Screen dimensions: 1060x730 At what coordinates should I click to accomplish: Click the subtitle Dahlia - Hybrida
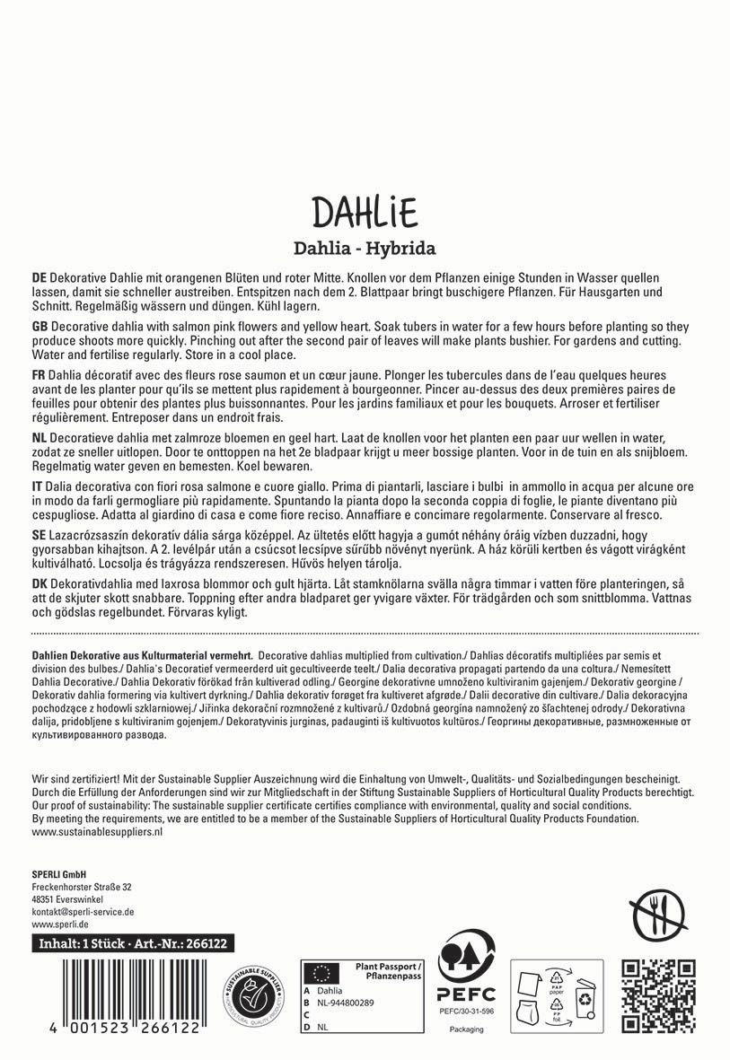(365, 248)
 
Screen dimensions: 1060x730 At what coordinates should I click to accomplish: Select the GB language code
(39, 324)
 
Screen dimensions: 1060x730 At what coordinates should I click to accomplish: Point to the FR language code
(39, 372)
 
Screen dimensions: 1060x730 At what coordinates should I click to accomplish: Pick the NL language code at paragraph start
(39, 435)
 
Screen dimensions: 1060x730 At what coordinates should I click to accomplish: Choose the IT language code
(37, 484)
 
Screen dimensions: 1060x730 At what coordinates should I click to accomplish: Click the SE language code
(39, 532)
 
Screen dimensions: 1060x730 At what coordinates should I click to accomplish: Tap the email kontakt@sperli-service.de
(83, 911)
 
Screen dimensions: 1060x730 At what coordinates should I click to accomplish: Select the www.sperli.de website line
(59, 924)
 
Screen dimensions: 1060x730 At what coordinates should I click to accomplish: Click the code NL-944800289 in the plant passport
(347, 1002)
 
